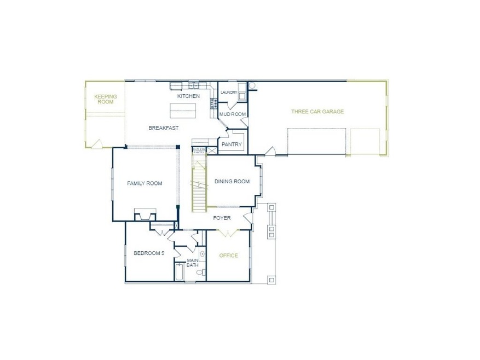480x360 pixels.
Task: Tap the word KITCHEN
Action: (188, 96)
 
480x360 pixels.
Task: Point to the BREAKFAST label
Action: (164, 128)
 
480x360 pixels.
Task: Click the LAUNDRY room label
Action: (228, 93)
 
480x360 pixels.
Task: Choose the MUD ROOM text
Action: (233, 114)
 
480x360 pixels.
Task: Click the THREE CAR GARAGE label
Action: (317, 112)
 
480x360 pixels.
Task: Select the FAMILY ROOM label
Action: (144, 183)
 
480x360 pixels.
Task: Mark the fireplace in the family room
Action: (145, 214)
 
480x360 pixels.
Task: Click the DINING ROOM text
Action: (232, 182)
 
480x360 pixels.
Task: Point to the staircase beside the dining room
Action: (199, 183)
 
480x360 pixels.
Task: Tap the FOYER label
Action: (222, 218)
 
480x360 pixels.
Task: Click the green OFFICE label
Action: (228, 256)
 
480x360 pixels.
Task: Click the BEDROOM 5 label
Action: (149, 253)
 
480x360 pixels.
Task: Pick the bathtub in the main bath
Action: (180, 272)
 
